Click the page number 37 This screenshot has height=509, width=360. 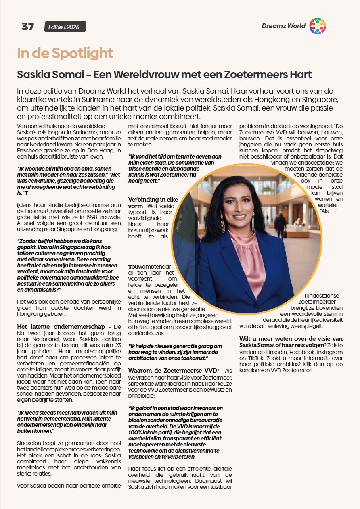28,27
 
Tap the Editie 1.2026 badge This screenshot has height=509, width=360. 65,27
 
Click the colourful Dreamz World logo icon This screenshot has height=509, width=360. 317,26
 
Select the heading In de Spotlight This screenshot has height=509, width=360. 65,53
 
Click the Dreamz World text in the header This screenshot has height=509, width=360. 283,26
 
